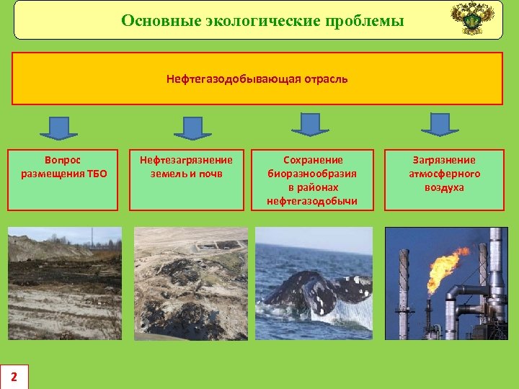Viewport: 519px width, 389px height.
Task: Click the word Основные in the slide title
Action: (154, 20)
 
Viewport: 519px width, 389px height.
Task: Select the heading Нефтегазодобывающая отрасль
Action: (257, 79)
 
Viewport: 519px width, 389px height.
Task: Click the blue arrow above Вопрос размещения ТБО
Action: (58, 128)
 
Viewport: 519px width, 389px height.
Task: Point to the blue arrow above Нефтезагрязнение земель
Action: (192, 128)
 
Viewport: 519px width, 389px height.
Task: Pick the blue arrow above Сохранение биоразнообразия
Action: (310, 123)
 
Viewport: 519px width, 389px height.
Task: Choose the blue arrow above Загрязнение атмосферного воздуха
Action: (439, 124)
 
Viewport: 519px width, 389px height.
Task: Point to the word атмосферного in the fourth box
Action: (444, 174)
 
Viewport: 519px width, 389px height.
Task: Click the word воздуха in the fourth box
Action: (444, 187)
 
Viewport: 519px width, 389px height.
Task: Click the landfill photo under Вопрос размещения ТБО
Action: (65, 283)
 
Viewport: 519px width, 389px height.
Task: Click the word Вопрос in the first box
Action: (63, 160)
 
